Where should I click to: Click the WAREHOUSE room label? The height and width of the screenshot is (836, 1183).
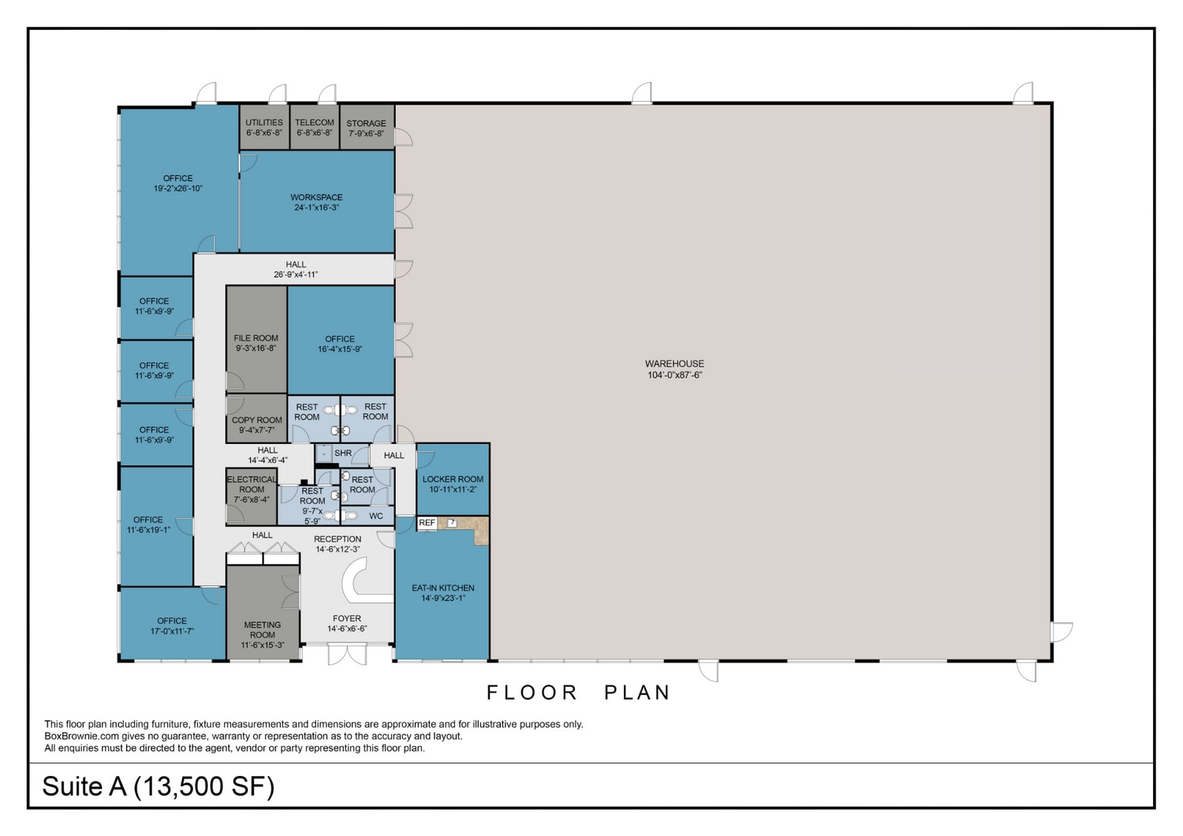(x=674, y=369)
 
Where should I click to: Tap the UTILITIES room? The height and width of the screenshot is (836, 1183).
(x=264, y=127)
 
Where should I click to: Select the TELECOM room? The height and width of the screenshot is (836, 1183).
(x=315, y=127)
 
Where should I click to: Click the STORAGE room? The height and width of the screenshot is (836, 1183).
(x=367, y=128)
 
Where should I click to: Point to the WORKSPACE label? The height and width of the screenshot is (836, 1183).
(x=316, y=202)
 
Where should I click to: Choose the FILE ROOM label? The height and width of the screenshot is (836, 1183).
(x=256, y=342)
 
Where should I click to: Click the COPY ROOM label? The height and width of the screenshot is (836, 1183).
(x=256, y=425)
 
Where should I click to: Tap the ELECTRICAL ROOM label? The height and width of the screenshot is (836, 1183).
(x=252, y=489)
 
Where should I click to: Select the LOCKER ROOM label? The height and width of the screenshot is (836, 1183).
(x=453, y=483)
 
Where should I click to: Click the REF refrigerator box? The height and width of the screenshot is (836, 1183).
(x=427, y=523)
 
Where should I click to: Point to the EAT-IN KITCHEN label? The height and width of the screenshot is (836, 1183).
(x=442, y=592)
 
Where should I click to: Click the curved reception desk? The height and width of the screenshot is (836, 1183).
(x=359, y=580)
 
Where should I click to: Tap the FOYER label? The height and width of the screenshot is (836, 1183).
(x=347, y=623)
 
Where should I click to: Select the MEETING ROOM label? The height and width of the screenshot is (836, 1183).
(x=263, y=634)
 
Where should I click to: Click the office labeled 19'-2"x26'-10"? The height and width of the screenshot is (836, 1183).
(x=178, y=183)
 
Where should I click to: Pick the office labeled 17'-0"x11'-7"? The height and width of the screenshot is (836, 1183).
(x=172, y=625)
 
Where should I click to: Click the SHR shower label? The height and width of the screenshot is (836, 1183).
(x=343, y=453)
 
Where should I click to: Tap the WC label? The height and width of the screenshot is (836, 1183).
(x=376, y=517)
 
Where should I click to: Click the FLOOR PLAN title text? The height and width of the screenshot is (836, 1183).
(x=578, y=692)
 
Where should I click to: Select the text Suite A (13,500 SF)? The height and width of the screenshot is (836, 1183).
(x=158, y=786)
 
